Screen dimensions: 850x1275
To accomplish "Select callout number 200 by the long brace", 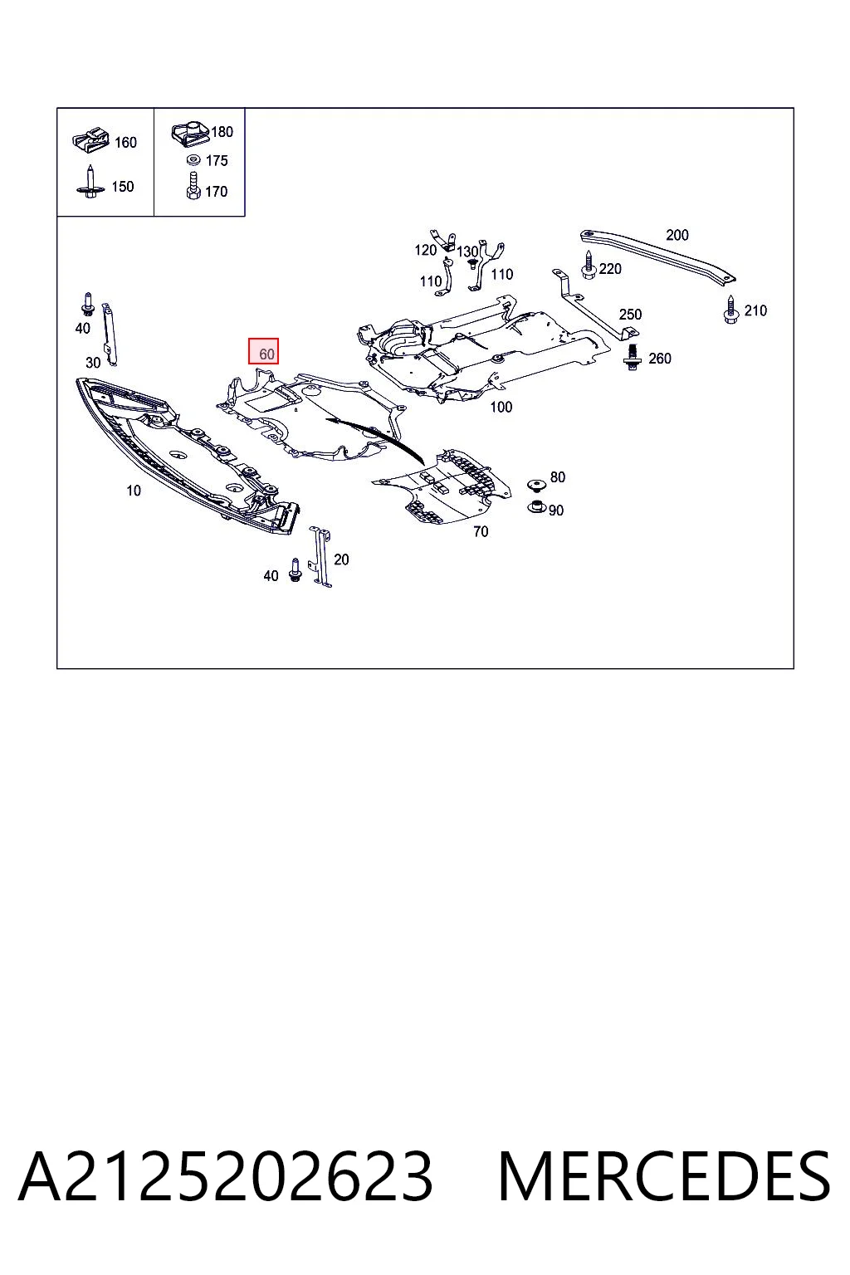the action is [677, 235].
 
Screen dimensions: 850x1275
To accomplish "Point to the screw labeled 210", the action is [730, 310].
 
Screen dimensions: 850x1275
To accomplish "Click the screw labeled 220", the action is [589, 266].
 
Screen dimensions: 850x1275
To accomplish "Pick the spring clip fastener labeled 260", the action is [632, 358].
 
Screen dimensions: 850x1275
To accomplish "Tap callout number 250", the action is [630, 315].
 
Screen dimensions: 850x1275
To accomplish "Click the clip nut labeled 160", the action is [90, 139].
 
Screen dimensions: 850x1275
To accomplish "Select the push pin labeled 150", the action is [90, 182].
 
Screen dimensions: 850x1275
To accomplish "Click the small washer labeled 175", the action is [193, 160].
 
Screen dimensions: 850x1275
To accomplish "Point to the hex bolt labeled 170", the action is [193, 186].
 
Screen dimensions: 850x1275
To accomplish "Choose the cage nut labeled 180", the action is [191, 133].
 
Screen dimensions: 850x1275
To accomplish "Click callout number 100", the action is [501, 407].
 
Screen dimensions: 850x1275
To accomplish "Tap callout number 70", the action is [481, 531].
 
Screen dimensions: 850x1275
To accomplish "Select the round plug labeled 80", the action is [535, 485].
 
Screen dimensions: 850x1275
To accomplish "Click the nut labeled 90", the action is [537, 506].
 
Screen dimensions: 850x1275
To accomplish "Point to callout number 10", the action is [133, 491].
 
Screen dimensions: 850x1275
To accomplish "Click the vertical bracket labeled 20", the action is [320, 557].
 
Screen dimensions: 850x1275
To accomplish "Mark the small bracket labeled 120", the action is [443, 240].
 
